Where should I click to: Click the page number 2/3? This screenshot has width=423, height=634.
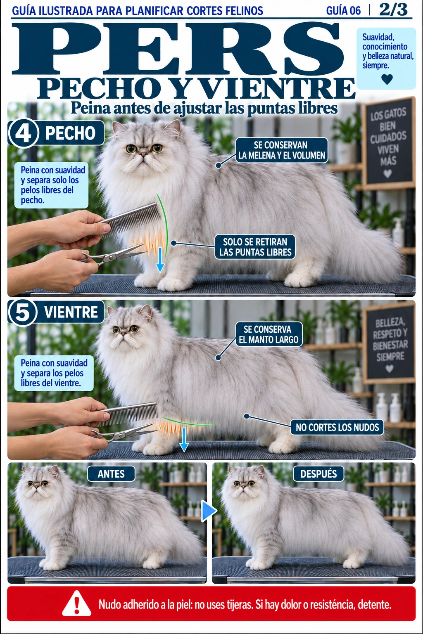click(393, 10)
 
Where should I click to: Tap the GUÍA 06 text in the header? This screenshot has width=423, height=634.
click(343, 11)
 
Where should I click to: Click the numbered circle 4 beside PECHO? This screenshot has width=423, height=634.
click(23, 132)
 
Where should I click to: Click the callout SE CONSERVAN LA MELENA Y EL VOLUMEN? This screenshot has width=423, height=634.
click(282, 150)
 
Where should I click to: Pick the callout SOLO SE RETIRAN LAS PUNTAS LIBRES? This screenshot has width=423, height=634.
click(255, 247)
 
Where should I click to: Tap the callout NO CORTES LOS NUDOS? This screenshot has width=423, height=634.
click(337, 427)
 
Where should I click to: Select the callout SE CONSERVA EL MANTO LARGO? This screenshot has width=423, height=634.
click(269, 334)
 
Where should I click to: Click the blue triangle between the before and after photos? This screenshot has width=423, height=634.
click(209, 511)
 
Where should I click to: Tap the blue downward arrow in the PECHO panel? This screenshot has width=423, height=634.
click(160, 259)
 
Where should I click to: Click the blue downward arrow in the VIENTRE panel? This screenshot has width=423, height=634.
click(184, 439)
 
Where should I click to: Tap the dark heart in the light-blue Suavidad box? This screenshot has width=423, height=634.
click(387, 79)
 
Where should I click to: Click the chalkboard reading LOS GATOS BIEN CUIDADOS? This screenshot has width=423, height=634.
click(388, 143)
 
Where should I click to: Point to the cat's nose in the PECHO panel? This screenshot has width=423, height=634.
click(144, 154)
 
